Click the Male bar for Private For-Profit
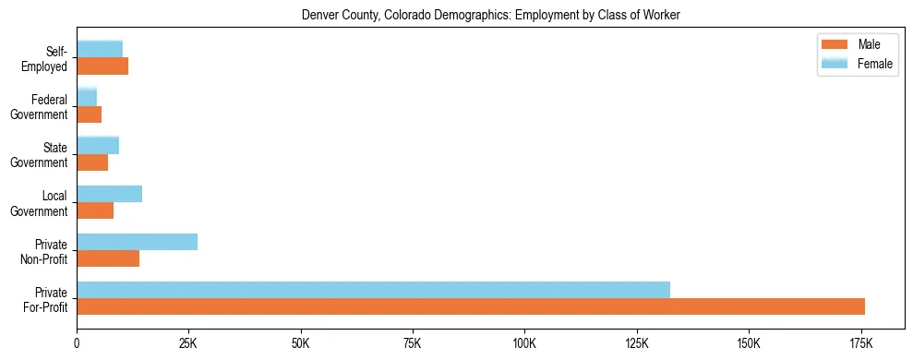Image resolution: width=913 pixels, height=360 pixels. (x=471, y=306)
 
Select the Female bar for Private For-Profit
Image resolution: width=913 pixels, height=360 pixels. (x=373, y=290)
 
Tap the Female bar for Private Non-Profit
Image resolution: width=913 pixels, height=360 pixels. (x=137, y=242)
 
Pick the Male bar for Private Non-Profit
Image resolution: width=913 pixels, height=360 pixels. (x=108, y=258)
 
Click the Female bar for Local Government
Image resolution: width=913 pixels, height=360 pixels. (x=109, y=194)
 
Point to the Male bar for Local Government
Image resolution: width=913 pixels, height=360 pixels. (x=95, y=210)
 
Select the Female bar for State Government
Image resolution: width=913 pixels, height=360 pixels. (x=98, y=145)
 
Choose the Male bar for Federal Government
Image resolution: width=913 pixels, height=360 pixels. (x=90, y=114)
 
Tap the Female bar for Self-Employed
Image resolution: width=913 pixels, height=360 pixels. (x=100, y=49)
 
